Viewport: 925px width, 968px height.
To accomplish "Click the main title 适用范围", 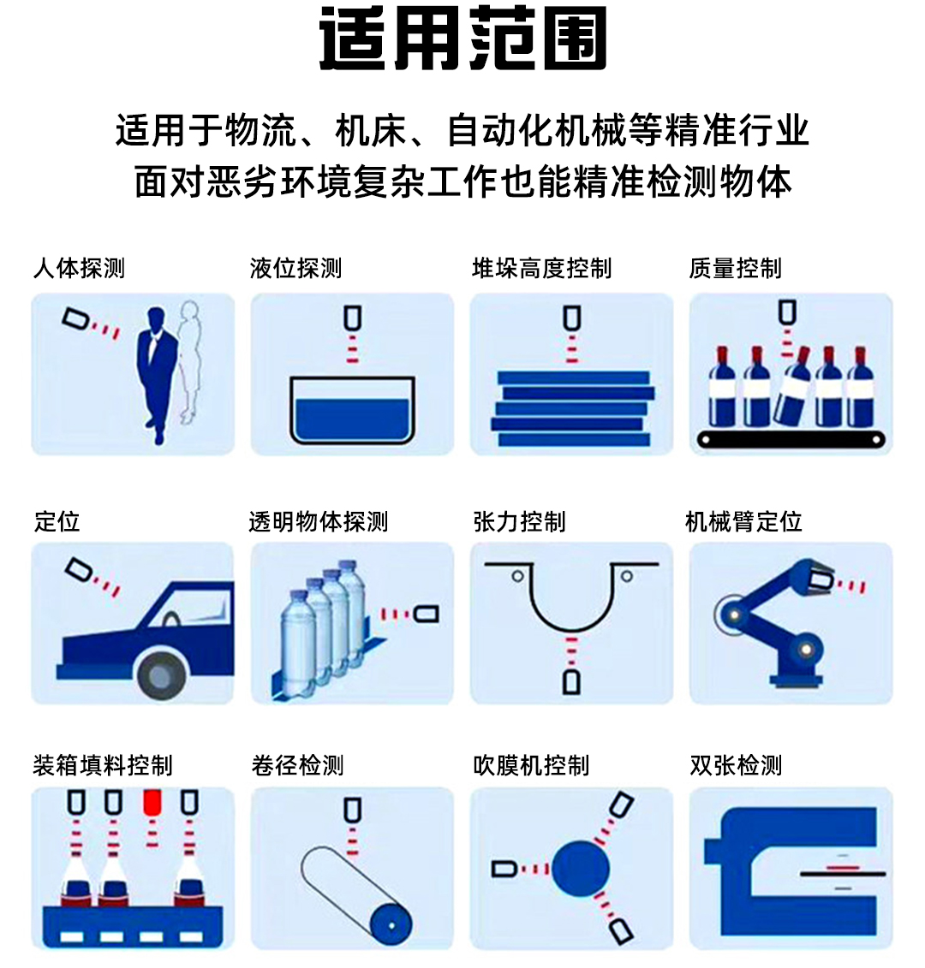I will pos(462,39).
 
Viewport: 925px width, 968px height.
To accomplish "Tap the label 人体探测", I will pos(79,269).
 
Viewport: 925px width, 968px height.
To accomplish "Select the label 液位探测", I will pos(296,269).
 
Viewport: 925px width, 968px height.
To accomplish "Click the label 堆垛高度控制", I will pos(541,269).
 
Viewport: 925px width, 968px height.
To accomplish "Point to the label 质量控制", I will pos(735,269).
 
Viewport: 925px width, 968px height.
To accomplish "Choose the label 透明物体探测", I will pos(319,521).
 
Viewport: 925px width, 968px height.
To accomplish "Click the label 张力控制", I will pos(519,521).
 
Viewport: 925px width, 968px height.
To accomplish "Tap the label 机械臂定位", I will pos(743,521).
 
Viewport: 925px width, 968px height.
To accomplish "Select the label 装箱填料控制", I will pos(103,764).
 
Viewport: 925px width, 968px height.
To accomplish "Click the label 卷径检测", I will pos(297,764).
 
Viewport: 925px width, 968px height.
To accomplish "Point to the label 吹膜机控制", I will pos(531,764).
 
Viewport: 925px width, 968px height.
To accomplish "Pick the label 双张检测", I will pos(736,764).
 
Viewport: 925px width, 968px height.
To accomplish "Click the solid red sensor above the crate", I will pos(152,802).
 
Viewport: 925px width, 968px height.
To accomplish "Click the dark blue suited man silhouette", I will pos(157,368).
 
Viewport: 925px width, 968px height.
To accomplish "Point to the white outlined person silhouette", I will pos(192,359).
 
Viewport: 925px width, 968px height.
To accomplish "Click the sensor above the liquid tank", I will pos(352,318).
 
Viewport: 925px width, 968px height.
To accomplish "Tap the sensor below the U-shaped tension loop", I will pos(571,681).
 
